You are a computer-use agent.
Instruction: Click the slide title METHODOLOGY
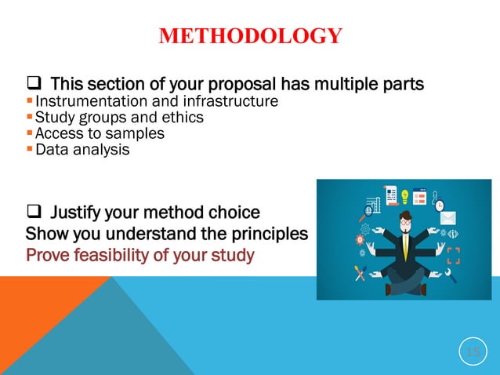[x=250, y=36]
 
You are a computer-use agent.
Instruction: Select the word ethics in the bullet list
[x=183, y=118]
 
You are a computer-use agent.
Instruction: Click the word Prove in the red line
[x=48, y=255]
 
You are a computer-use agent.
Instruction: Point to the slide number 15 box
[x=473, y=351]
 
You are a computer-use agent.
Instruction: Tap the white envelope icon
[x=447, y=217]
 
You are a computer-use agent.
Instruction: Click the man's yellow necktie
[x=406, y=246]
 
